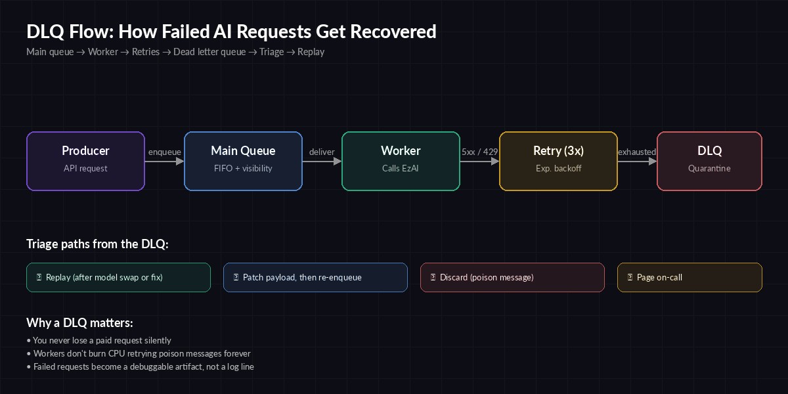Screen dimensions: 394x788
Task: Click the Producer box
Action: (x=85, y=161)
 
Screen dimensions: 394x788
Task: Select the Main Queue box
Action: (x=243, y=161)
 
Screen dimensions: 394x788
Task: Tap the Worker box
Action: (x=401, y=161)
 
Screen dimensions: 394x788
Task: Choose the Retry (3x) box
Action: (x=558, y=161)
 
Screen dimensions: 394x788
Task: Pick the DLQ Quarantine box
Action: (x=709, y=161)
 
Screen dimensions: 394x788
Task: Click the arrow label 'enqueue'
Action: (x=164, y=152)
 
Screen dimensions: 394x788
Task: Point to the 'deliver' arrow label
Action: (x=322, y=152)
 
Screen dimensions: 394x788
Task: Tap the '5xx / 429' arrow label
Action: (x=479, y=152)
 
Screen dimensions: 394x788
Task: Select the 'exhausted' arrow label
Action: (x=636, y=152)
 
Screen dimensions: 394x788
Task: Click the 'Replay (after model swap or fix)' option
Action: (x=118, y=277)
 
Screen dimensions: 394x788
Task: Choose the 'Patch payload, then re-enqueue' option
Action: (x=315, y=277)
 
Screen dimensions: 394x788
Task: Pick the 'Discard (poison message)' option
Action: (x=512, y=277)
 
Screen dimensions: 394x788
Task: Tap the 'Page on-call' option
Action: (x=689, y=277)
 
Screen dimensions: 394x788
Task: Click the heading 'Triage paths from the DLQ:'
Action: (x=97, y=244)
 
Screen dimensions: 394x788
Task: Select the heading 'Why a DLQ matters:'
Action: (x=79, y=323)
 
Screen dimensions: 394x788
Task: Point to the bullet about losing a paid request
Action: (x=98, y=340)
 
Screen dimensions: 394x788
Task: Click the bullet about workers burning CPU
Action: (x=138, y=353)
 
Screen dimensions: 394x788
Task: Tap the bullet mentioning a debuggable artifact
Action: (x=140, y=366)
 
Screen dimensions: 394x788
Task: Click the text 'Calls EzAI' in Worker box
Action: (x=401, y=168)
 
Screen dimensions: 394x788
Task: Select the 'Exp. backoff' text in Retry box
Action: (x=558, y=168)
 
